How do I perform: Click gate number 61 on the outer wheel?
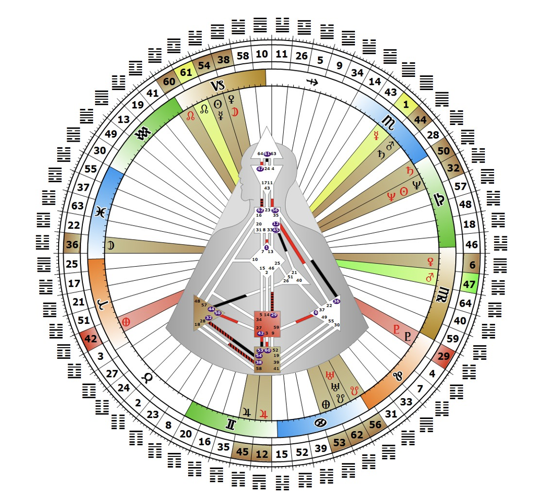(186, 72)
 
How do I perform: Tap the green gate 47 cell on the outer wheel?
(471, 284)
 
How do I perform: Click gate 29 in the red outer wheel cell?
(443, 356)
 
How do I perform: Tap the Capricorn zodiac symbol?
(218, 86)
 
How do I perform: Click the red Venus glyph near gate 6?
(431, 261)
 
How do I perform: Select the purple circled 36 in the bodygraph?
(336, 301)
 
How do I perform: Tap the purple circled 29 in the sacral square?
(274, 315)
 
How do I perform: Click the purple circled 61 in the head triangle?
(267, 154)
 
